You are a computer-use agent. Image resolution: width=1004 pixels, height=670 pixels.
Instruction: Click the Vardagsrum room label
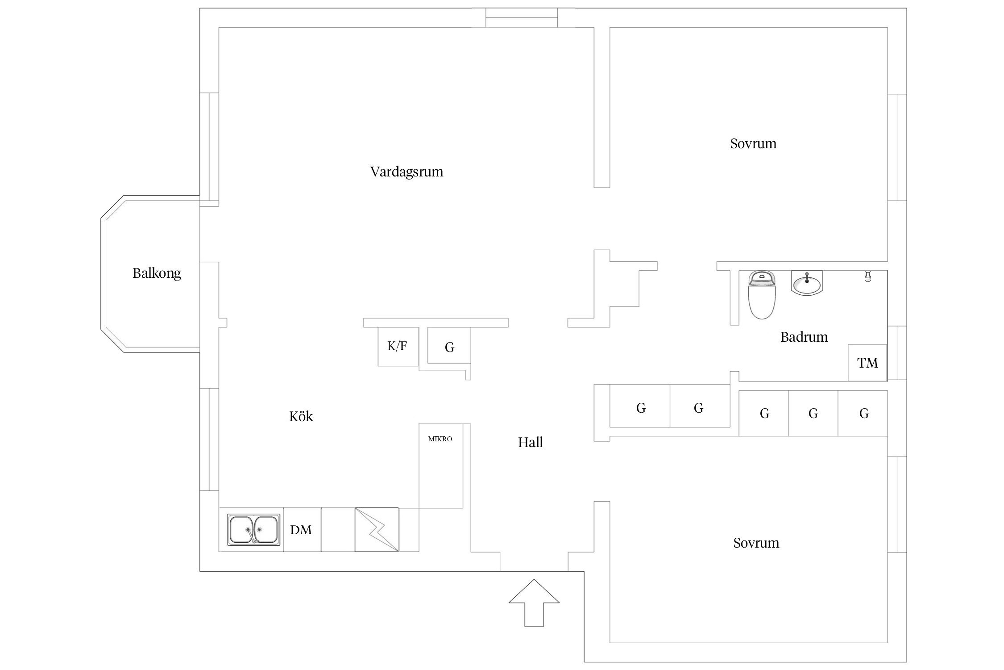point(407,172)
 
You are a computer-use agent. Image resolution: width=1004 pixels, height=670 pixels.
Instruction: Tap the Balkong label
point(157,273)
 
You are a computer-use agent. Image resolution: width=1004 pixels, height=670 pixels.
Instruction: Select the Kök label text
point(301,416)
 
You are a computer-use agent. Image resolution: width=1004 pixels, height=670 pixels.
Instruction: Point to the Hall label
point(530,442)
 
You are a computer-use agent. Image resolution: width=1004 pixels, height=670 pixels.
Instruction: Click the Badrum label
point(804,337)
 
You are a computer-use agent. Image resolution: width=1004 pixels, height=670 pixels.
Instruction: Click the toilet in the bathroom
point(762,294)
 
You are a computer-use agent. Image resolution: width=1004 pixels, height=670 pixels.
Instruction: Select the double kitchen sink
point(254,530)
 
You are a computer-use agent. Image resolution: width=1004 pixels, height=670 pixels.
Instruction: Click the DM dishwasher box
point(301,530)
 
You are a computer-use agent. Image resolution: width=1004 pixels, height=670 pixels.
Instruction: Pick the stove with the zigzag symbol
point(377,530)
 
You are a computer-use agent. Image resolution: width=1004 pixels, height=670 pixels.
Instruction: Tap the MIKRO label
point(440,439)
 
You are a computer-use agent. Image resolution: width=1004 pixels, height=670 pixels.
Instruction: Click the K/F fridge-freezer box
point(398,346)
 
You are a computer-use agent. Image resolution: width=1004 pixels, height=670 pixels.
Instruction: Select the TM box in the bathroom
point(867,363)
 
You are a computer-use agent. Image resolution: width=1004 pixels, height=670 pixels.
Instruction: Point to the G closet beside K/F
point(449,347)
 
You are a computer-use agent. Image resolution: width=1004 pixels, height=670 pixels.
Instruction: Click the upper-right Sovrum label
point(753,143)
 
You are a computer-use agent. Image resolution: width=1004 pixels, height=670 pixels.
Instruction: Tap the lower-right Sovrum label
point(756,543)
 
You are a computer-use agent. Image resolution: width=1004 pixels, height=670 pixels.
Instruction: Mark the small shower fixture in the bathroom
point(867,276)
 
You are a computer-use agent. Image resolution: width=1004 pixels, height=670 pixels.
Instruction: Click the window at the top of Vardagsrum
point(521,17)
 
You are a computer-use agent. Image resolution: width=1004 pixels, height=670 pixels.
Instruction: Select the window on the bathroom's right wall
point(897,353)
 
